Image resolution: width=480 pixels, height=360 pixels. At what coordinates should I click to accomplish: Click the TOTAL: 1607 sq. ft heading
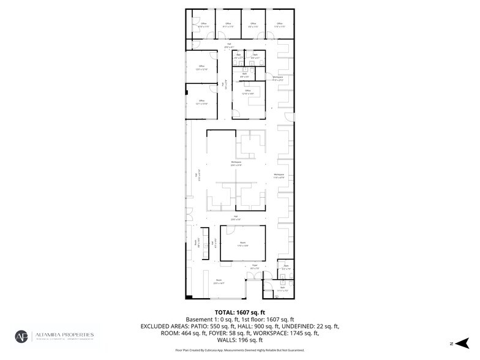click(239, 312)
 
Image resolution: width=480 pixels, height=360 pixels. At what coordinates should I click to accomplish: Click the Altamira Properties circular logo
click(22, 337)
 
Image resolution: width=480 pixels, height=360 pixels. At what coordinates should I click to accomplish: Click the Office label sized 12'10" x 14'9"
click(248, 92)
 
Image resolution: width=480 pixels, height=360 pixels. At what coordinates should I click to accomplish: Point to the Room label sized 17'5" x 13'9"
click(242, 244)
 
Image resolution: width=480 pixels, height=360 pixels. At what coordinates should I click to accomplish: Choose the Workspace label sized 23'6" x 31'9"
click(236, 163)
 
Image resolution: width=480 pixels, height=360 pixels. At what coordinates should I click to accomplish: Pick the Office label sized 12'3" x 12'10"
click(201, 67)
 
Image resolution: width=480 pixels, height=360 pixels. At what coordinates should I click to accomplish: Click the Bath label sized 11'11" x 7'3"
click(274, 290)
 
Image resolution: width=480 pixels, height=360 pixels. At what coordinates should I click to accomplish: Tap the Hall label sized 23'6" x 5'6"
click(236, 217)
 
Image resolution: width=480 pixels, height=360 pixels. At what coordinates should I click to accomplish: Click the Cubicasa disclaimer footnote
click(239, 350)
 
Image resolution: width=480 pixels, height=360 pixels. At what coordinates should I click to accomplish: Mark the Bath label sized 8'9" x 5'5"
click(244, 75)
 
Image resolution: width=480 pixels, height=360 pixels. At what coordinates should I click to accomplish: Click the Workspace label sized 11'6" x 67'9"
click(279, 176)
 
